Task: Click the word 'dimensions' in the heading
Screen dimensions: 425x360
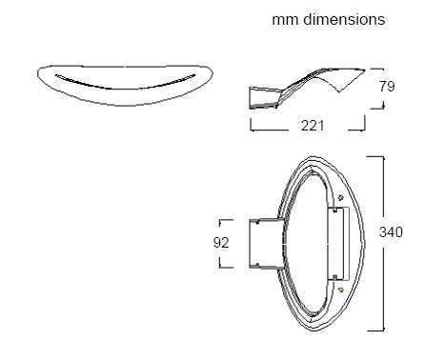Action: click(x=344, y=19)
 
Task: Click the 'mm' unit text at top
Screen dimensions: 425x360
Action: click(x=285, y=20)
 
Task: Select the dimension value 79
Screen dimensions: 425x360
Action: click(x=387, y=87)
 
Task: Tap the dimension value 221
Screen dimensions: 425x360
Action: click(x=313, y=126)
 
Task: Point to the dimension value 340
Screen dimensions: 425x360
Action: click(x=391, y=232)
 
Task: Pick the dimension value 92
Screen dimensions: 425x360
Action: click(x=221, y=243)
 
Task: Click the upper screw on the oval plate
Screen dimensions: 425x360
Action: click(x=341, y=198)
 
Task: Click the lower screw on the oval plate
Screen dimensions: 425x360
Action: click(x=341, y=290)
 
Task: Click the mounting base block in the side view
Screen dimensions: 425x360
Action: click(x=265, y=98)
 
